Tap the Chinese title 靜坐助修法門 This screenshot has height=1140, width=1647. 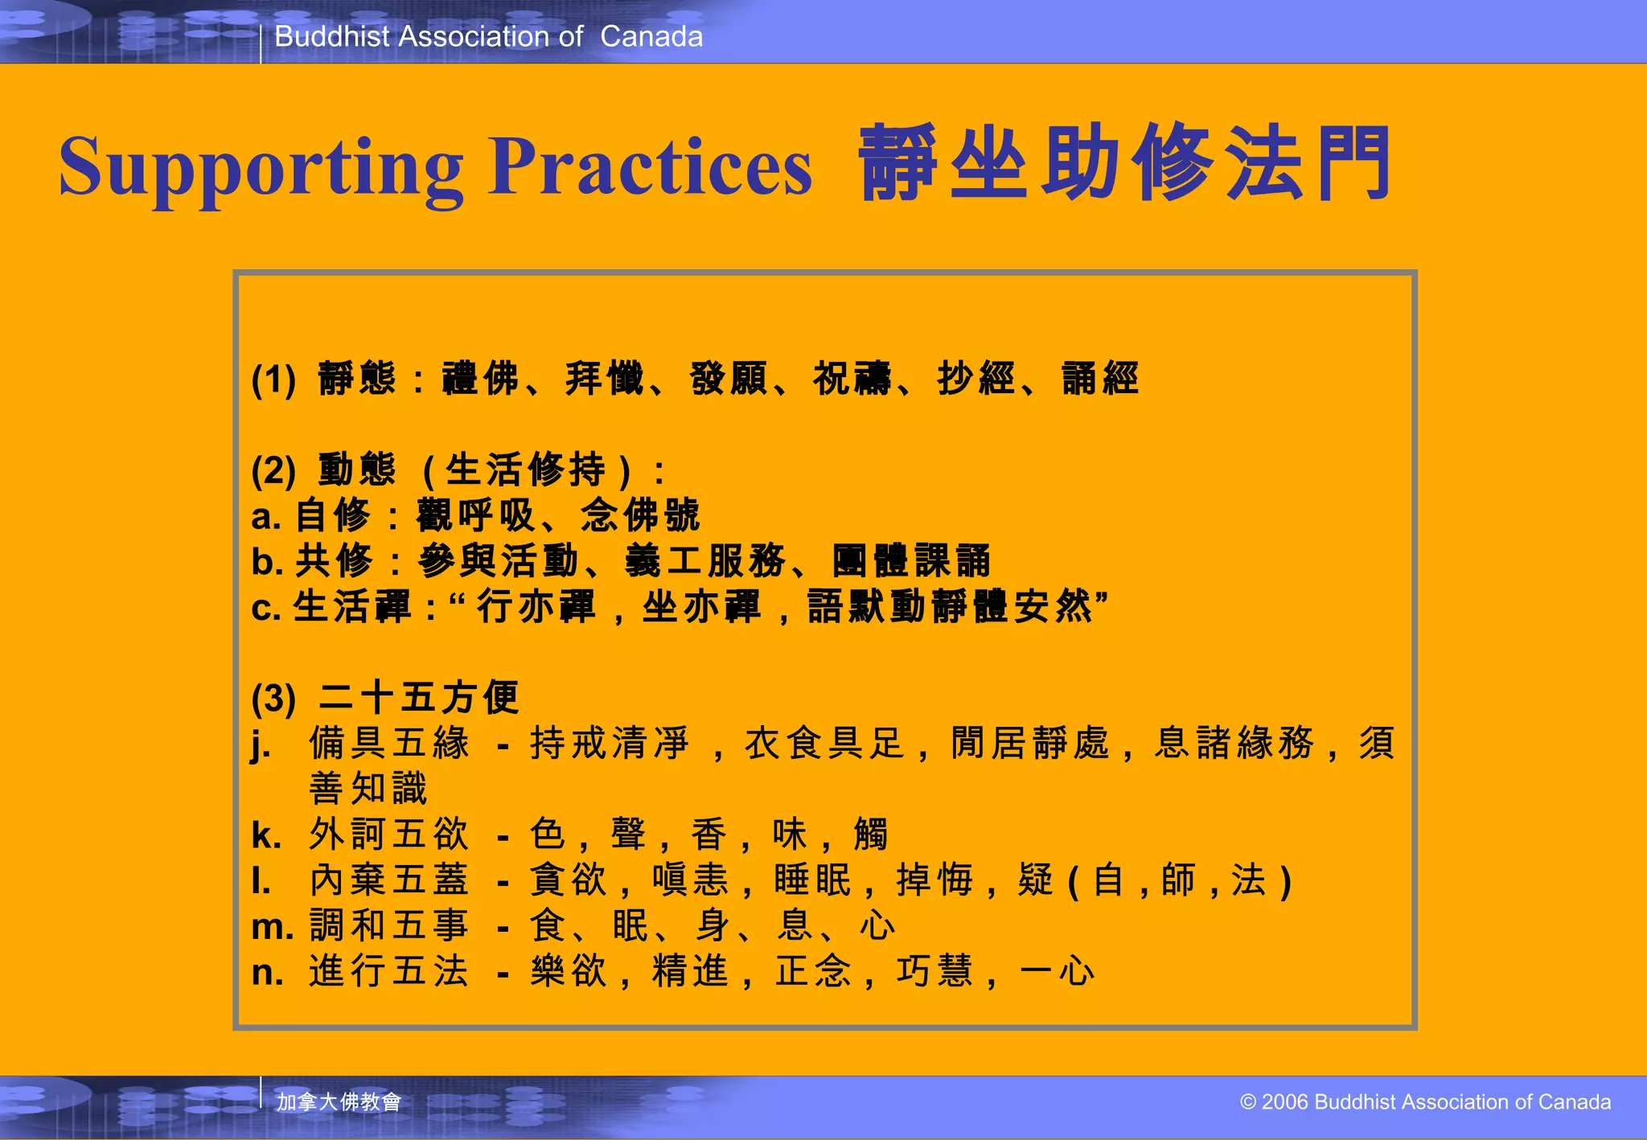[1124, 164]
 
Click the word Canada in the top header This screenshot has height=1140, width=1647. [651, 37]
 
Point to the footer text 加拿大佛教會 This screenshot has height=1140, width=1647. [339, 1101]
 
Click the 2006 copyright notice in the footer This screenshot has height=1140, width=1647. [1425, 1101]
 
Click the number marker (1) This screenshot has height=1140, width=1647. [273, 379]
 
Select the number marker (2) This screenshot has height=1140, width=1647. [273, 470]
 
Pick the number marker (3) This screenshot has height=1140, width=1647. [273, 698]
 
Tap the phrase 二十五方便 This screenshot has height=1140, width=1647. [418, 697]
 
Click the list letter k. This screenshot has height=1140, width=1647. [266, 835]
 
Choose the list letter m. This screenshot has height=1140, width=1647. [272, 927]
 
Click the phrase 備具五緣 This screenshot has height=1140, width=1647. [389, 743]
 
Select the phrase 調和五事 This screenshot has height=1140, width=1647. [389, 925]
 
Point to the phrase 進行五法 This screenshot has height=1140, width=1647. [389, 971]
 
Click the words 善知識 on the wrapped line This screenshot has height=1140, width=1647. [368, 789]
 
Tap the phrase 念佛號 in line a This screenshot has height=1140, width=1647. [640, 515]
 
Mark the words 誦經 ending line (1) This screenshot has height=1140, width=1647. [1100, 379]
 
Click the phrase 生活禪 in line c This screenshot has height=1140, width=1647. [351, 607]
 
